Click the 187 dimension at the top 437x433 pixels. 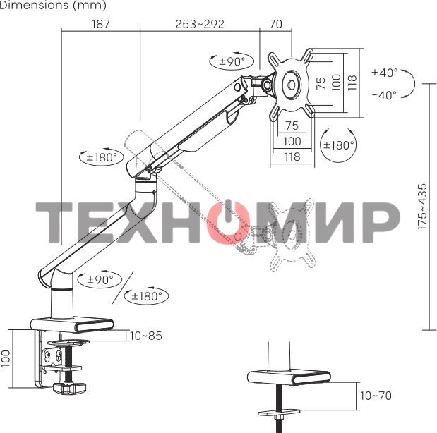pos(101,24)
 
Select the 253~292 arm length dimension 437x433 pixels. pos(200,24)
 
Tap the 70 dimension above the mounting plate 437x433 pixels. pos(275,24)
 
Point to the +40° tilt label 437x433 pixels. pos(384,73)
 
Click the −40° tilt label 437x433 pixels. pos(384,95)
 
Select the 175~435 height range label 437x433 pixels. pos(422,207)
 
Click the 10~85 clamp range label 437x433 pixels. pos(146,336)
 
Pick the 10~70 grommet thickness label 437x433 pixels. pos(376,396)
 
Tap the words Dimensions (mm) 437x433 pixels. pos(54,6)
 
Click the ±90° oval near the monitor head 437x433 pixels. pos(232,61)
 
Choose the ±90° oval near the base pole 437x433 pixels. pos(100,280)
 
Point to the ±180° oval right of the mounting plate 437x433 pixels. pos(338,145)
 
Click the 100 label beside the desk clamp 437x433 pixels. pos(6,359)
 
